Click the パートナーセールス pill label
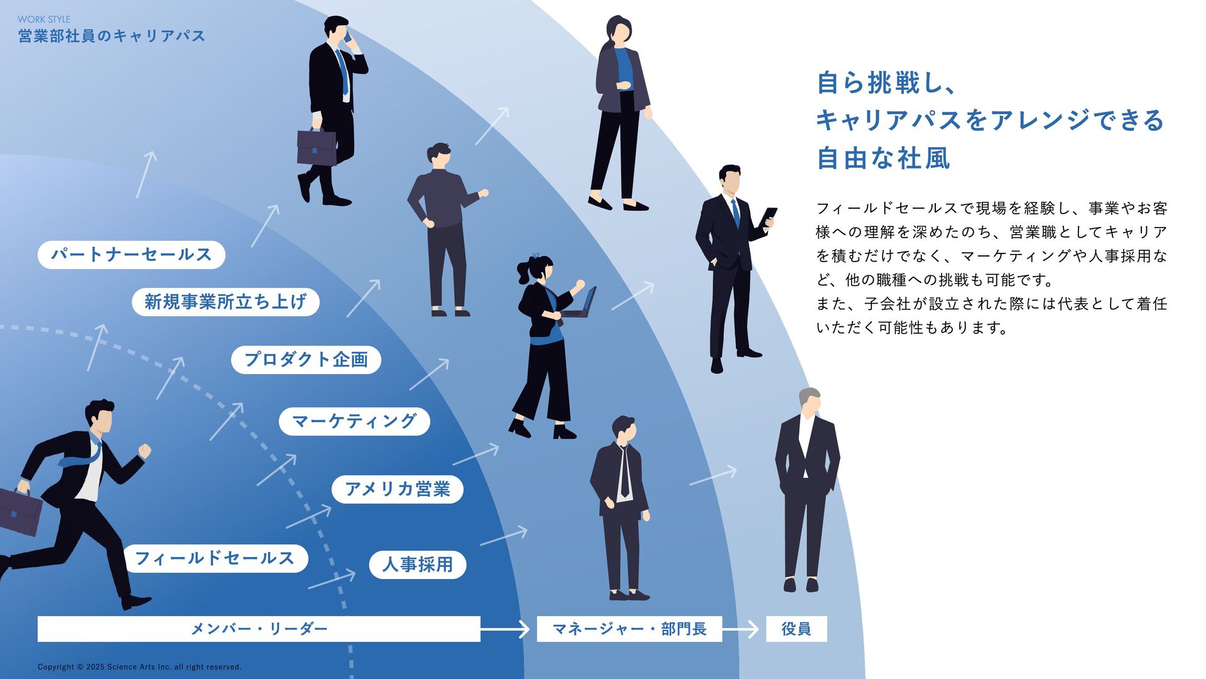click(x=131, y=255)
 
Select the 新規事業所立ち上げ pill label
click(x=225, y=302)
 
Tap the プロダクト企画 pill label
click(x=306, y=360)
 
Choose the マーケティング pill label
click(x=354, y=421)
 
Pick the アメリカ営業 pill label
click(x=397, y=489)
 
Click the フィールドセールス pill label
click(x=215, y=558)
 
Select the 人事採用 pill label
click(x=417, y=565)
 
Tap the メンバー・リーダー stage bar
click(x=259, y=629)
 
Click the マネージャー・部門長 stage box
click(x=629, y=629)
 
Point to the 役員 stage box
click(x=796, y=629)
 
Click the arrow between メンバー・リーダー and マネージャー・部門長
click(x=506, y=629)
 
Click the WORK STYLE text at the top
click(x=44, y=19)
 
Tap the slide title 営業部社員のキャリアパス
click(x=112, y=36)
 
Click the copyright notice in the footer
click(x=139, y=667)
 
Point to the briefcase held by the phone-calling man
click(x=316, y=148)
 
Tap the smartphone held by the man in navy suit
click(x=768, y=216)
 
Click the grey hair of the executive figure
click(x=808, y=396)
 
